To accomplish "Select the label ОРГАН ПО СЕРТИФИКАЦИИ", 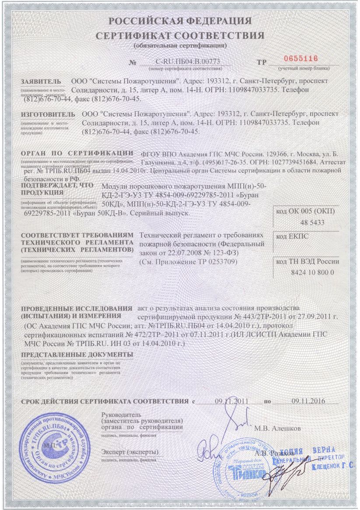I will pyautogui.click(x=77, y=153).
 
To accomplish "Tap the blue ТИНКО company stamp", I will pyautogui.click(x=240, y=468).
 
